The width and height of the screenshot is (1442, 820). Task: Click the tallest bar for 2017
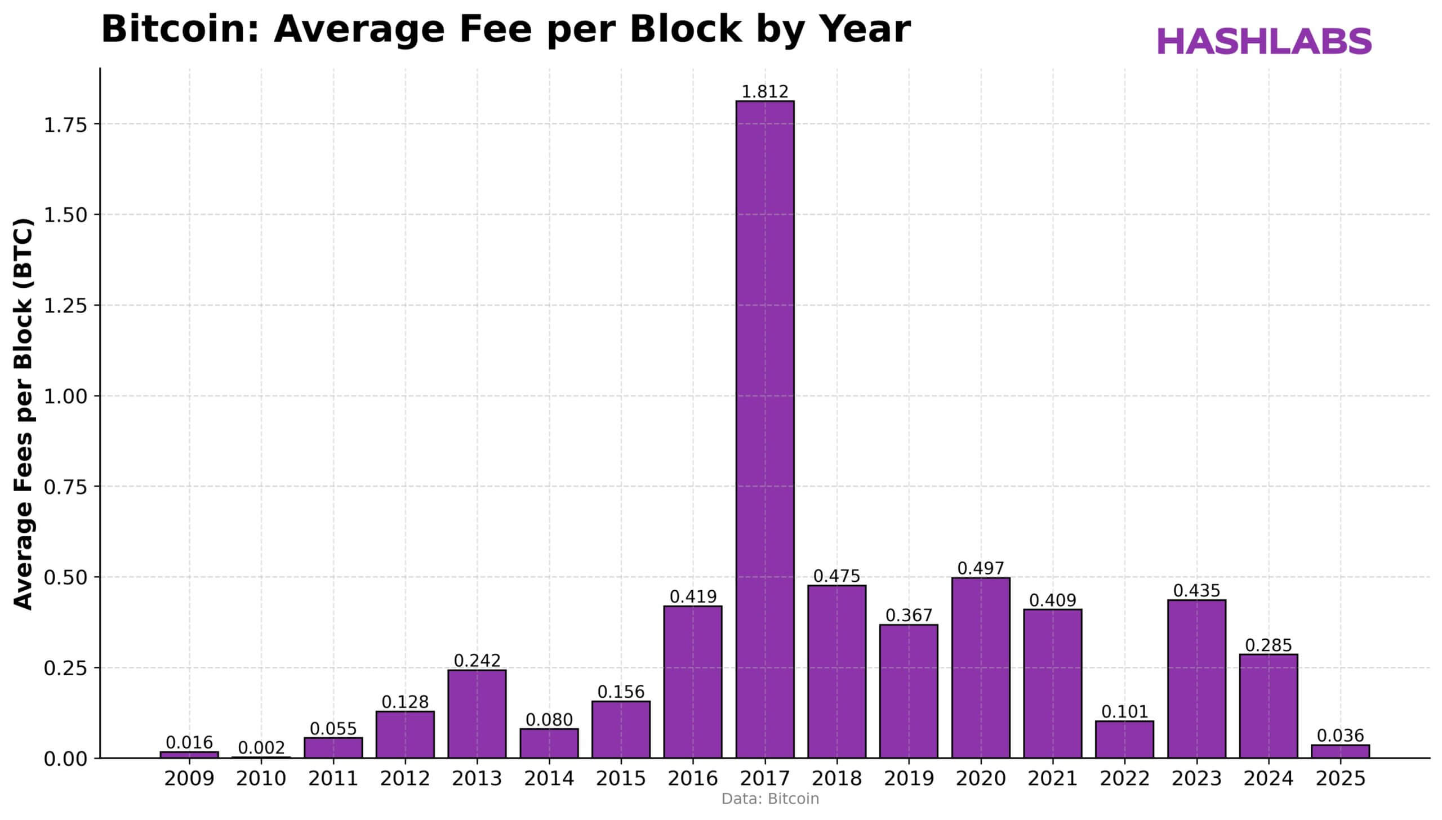click(764, 428)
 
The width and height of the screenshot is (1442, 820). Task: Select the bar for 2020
click(980, 667)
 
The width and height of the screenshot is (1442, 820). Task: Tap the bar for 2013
click(477, 714)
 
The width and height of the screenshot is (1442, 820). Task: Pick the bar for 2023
click(1196, 679)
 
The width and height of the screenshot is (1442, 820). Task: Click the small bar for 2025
click(1340, 751)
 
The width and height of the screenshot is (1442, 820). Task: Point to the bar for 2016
click(692, 681)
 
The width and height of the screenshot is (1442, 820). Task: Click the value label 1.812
click(764, 92)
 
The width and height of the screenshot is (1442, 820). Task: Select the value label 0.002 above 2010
click(261, 748)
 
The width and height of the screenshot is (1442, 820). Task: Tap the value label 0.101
click(1124, 712)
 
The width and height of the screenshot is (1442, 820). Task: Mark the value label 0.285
click(1268, 645)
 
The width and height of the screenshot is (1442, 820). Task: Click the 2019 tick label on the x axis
click(909, 779)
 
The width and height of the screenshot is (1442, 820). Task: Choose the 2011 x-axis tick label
click(333, 779)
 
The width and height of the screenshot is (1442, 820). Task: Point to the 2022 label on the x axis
click(1124, 779)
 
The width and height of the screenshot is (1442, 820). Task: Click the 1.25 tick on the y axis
click(65, 305)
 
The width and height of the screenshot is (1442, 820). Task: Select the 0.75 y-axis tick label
click(65, 487)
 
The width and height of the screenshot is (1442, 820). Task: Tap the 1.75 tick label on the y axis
click(65, 124)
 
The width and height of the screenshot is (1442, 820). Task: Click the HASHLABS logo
click(1264, 42)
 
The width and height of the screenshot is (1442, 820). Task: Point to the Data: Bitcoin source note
click(770, 799)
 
